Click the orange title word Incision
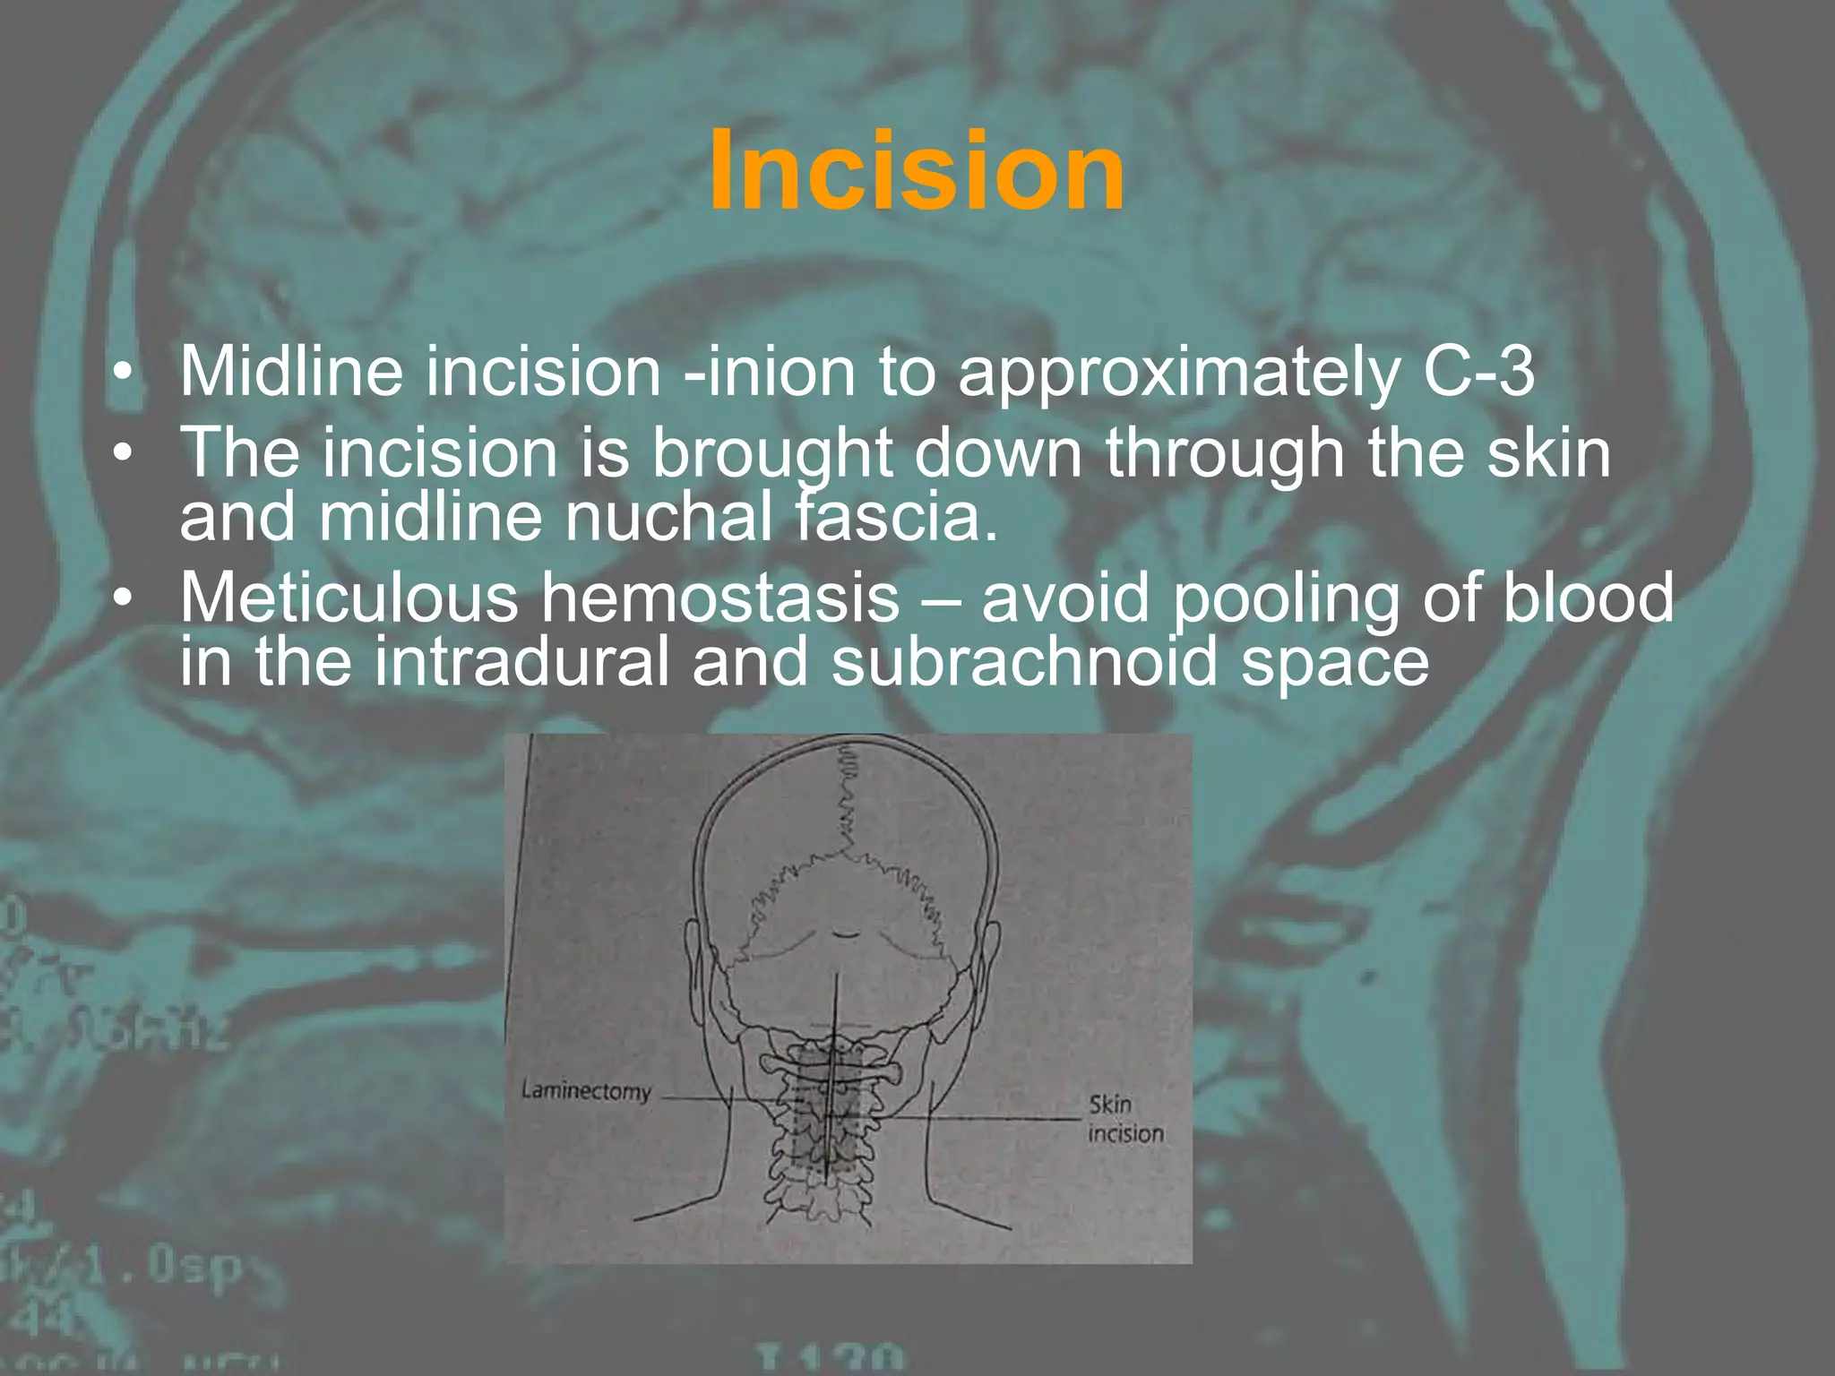(916, 171)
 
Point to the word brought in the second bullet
(771, 455)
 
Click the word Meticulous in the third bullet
(349, 598)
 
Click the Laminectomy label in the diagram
(586, 1091)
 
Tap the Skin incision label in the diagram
(1125, 1119)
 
